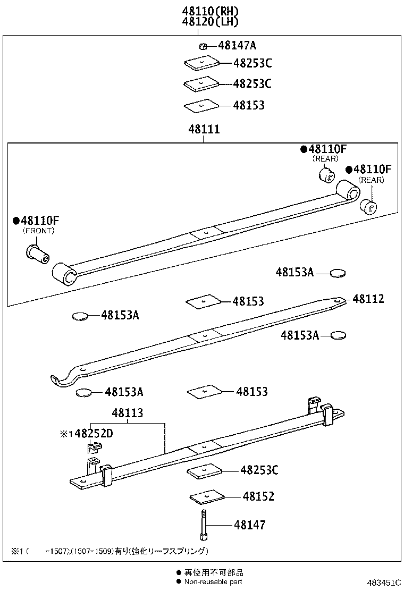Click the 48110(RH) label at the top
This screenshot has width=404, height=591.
[x=210, y=11]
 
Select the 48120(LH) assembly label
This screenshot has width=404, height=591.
[x=210, y=22]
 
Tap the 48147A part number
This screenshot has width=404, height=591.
[x=237, y=46]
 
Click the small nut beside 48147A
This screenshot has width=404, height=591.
[x=203, y=46]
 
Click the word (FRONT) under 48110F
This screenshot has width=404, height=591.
[x=38, y=231]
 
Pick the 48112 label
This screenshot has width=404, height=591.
[x=368, y=299]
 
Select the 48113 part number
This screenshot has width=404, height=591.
[x=127, y=413]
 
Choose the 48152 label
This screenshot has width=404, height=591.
[x=258, y=496]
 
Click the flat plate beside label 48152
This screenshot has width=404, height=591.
[x=208, y=497]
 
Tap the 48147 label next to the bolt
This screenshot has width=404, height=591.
[x=249, y=525]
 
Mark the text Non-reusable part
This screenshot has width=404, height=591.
[x=213, y=582]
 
